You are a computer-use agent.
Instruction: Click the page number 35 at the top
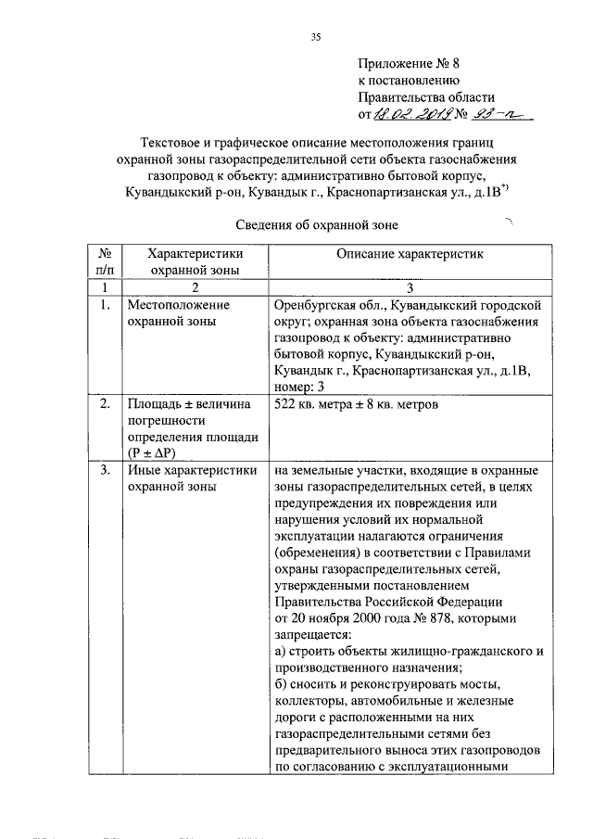(x=315, y=38)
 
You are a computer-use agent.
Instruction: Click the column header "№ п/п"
(x=105, y=261)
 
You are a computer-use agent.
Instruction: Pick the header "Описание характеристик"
(x=410, y=252)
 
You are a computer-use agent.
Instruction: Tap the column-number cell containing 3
(x=410, y=288)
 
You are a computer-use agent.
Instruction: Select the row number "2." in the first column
(x=105, y=404)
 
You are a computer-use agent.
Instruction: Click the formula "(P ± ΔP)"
(x=151, y=451)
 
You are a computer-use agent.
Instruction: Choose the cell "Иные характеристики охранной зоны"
(x=192, y=477)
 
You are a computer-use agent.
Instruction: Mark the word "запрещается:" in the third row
(x=312, y=635)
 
